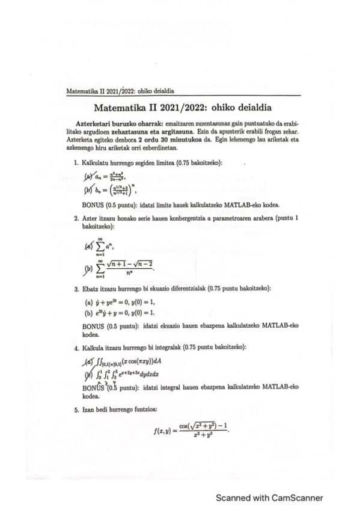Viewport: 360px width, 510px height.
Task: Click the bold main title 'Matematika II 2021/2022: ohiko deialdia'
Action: click(179, 108)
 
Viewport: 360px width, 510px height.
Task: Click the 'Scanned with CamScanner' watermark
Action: click(270, 497)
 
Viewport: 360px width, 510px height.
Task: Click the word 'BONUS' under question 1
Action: click(93, 205)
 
